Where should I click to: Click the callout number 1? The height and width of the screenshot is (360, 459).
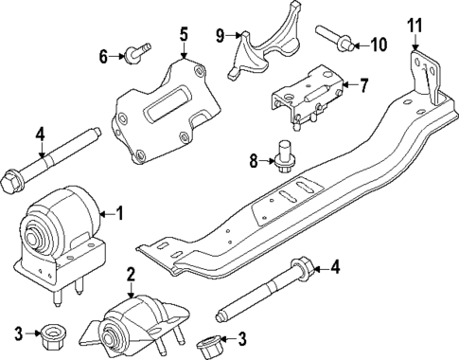[x=119, y=212]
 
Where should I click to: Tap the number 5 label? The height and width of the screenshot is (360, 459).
[x=185, y=34]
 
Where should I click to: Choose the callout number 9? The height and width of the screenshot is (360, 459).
[x=220, y=36]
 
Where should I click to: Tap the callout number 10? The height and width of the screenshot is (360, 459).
[x=379, y=43]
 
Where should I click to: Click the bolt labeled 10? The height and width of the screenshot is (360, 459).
[x=341, y=40]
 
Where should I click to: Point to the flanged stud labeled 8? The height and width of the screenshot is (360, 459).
[x=282, y=158]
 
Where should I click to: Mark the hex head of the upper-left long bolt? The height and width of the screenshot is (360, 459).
[x=13, y=176]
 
